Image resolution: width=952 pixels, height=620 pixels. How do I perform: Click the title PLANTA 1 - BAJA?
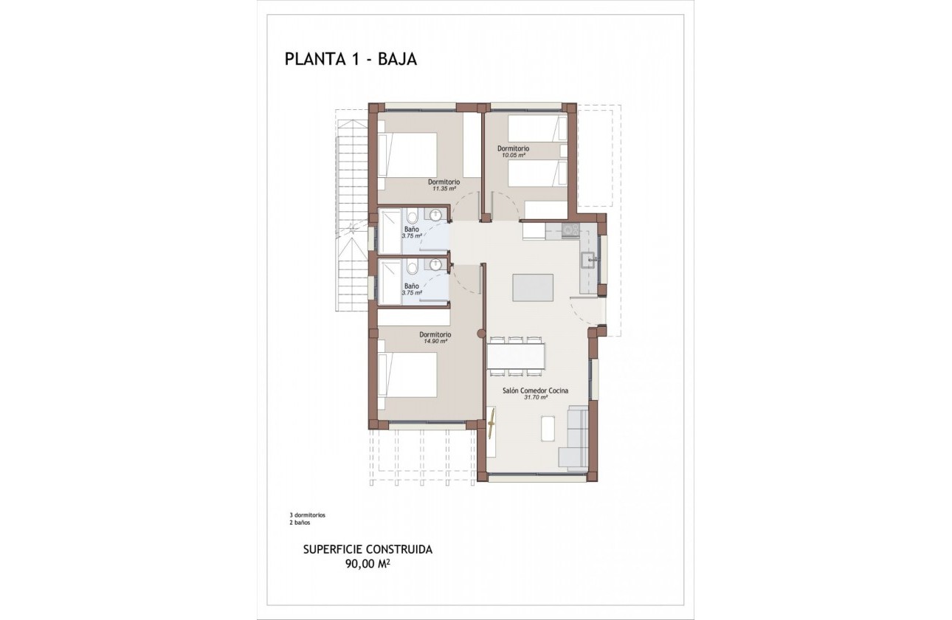tap(351, 60)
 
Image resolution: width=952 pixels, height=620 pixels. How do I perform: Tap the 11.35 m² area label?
tap(444, 189)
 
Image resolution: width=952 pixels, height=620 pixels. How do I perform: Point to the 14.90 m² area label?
tap(435, 342)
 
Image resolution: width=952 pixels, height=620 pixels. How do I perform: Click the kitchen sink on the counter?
tap(589, 259)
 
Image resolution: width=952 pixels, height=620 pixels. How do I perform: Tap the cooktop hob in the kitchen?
tap(570, 230)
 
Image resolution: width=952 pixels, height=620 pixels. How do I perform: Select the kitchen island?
tap(533, 287)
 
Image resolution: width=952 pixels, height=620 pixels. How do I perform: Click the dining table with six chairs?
tap(516, 355)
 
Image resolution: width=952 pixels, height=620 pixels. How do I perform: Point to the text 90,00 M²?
tap(368, 565)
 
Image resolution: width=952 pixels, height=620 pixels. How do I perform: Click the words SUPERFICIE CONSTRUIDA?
tap(368, 550)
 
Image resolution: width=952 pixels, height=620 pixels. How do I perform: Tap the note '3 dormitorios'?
tap(308, 514)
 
